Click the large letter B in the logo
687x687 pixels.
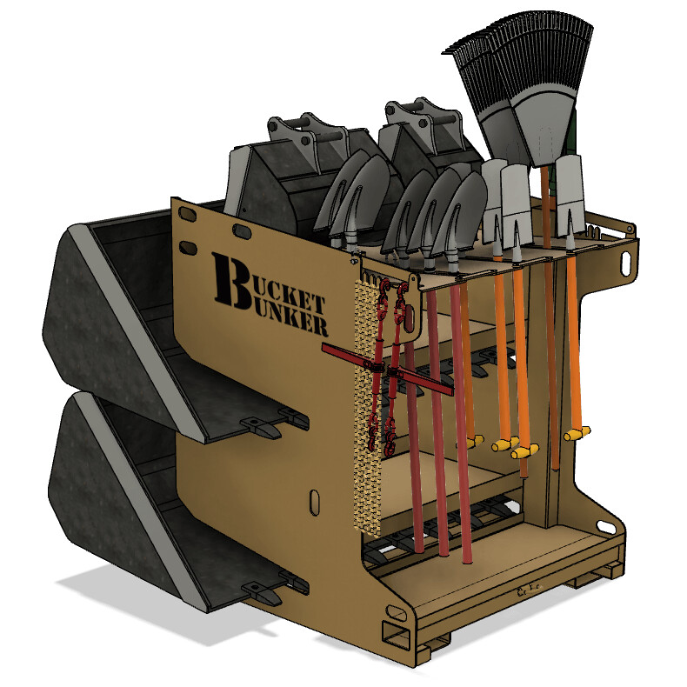(x=229, y=280)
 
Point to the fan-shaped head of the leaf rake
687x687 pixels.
(x=523, y=78)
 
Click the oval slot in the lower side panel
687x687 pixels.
(x=313, y=502)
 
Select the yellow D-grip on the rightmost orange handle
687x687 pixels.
(x=577, y=432)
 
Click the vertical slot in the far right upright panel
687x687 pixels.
(x=628, y=260)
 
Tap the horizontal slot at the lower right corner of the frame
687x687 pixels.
(x=605, y=524)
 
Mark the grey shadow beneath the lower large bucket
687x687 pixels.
(x=130, y=600)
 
